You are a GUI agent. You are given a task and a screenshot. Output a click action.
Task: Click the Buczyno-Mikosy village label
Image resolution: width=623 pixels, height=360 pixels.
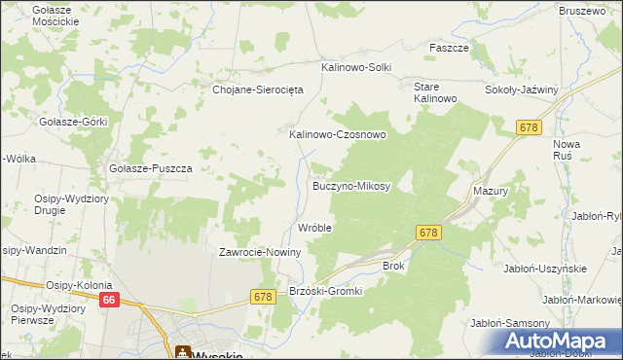click(350, 185)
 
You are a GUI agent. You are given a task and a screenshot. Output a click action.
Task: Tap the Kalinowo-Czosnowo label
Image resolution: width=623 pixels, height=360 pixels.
click(337, 135)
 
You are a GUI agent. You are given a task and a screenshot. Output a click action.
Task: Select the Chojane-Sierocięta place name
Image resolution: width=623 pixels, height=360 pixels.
click(258, 89)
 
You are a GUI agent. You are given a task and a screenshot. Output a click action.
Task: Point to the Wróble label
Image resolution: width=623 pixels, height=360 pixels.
click(314, 228)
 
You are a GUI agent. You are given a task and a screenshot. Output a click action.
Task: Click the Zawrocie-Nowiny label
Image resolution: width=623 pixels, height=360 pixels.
click(260, 252)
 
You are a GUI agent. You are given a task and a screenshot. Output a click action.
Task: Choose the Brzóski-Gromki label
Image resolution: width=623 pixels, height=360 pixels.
click(326, 291)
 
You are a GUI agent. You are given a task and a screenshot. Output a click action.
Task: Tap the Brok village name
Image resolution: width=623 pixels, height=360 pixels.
click(393, 265)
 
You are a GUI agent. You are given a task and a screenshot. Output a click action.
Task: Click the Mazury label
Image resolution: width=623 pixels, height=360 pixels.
click(491, 192)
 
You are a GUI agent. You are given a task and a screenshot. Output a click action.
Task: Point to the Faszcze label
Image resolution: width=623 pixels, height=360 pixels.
click(450, 47)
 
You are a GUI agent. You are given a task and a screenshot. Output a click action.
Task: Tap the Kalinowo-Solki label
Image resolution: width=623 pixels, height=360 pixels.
click(356, 67)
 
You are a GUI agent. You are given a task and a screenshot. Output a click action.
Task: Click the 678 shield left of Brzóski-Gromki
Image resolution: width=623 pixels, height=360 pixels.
click(262, 296)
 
